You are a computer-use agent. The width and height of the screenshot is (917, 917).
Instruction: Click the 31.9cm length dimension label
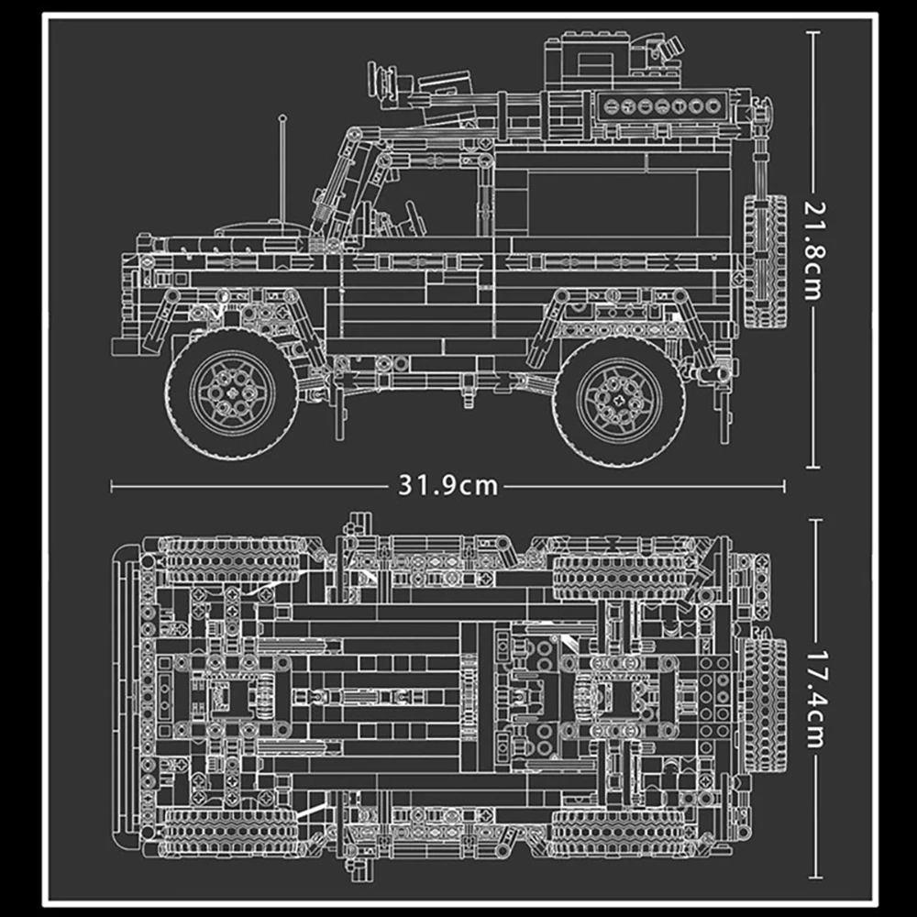[447, 485]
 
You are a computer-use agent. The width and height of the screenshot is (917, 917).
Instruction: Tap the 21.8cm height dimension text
[812, 249]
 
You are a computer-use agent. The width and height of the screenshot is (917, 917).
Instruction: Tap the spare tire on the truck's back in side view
[767, 261]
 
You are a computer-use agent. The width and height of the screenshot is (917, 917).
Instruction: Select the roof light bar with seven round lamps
[662, 105]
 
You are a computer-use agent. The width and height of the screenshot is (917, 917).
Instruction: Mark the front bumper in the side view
[125, 346]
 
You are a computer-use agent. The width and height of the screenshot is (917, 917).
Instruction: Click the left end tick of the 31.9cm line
[111, 485]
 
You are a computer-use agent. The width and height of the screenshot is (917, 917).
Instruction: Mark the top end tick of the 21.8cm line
[812, 31]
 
